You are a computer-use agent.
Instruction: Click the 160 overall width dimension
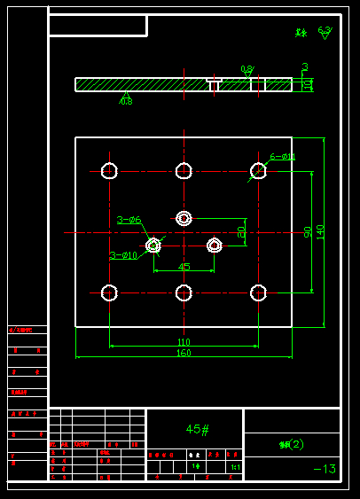point(184,353)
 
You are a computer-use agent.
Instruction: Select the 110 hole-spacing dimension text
point(184,341)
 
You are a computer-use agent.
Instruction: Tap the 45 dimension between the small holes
point(184,266)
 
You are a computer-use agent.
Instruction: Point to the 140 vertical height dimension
point(320,231)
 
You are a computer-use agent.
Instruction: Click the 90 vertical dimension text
point(308,231)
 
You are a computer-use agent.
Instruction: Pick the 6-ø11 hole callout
point(283,157)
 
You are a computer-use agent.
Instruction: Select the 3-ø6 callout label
point(129,220)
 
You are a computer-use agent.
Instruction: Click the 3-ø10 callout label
point(123,255)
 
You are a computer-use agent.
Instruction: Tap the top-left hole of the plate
point(109,170)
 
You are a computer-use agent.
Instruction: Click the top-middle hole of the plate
point(184,170)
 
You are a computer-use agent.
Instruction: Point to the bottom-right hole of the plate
point(258,292)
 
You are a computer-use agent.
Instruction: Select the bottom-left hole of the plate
point(109,292)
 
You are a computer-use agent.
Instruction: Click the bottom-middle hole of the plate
point(184,292)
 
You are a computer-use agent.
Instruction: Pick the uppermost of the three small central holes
point(184,218)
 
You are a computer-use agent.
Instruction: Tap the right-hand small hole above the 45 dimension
point(214,245)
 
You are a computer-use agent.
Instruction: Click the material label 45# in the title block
point(197,429)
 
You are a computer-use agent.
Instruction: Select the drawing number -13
point(325,469)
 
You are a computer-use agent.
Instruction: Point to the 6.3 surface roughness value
point(325,30)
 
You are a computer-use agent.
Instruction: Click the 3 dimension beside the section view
point(305,66)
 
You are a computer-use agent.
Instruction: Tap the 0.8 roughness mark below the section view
point(126,101)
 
